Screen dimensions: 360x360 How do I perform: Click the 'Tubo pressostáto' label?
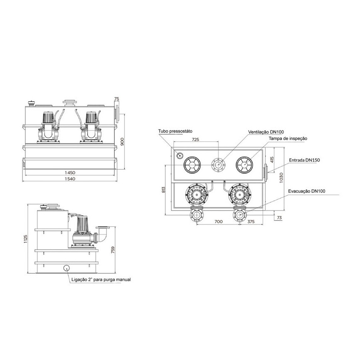coord(175,131)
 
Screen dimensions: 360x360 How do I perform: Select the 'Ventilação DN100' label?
coord(266,132)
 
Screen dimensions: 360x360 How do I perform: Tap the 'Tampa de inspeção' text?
coord(288,139)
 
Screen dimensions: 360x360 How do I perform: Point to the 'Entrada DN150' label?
coord(304,160)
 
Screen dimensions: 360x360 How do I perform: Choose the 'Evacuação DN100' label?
coord(307,191)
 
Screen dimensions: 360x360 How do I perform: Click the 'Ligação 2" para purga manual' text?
coord(101,280)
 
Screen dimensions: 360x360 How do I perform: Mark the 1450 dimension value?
coord(70,173)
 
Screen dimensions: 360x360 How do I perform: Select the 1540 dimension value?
coord(70,179)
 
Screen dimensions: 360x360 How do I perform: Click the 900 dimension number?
coord(122,142)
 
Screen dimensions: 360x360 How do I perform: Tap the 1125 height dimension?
coord(26,239)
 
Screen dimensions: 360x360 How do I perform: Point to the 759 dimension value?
coord(113,250)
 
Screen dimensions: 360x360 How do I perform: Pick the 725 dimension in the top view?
coord(195,139)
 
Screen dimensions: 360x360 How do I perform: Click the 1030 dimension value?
coord(281,178)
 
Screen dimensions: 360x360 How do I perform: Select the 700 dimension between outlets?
coord(218,221)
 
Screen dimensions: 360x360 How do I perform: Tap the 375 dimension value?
coord(251,221)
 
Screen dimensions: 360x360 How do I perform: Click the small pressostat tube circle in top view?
coord(179,156)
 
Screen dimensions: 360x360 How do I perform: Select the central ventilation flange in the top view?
coord(218,165)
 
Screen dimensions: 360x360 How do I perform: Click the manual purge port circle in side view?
coord(67,268)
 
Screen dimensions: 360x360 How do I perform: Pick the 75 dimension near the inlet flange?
coord(117,99)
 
